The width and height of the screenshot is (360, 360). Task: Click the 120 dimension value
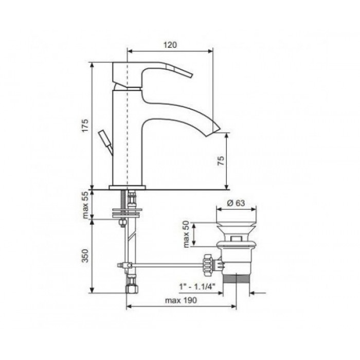(x=170, y=45)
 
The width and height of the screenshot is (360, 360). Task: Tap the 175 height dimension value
(x=85, y=125)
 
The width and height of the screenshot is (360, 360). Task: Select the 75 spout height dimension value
(x=221, y=161)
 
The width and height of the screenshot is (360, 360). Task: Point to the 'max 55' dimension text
(x=85, y=205)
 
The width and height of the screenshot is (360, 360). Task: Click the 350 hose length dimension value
(x=85, y=256)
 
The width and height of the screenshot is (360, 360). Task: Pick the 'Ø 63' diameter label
(x=236, y=203)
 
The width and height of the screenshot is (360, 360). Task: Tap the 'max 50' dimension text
(x=186, y=234)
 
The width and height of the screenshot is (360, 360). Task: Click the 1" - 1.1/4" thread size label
(x=197, y=286)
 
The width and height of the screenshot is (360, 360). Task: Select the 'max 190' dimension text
(x=181, y=300)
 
